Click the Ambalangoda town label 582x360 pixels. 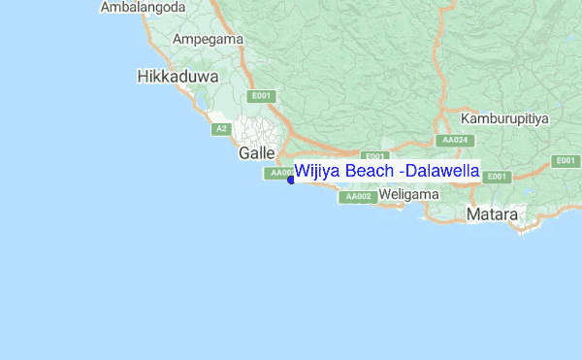point(144,8)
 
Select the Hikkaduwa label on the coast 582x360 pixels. point(178,76)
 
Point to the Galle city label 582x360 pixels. point(257,153)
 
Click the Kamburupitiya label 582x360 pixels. point(504,118)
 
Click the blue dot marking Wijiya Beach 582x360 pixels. point(291,180)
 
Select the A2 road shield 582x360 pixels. point(221,128)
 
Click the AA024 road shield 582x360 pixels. point(455,140)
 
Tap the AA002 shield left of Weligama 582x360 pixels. point(356,197)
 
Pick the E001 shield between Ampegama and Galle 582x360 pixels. point(262,96)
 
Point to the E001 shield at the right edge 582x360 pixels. point(565,160)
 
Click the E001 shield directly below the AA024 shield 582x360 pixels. point(497,177)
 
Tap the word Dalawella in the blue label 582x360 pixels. point(443,172)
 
